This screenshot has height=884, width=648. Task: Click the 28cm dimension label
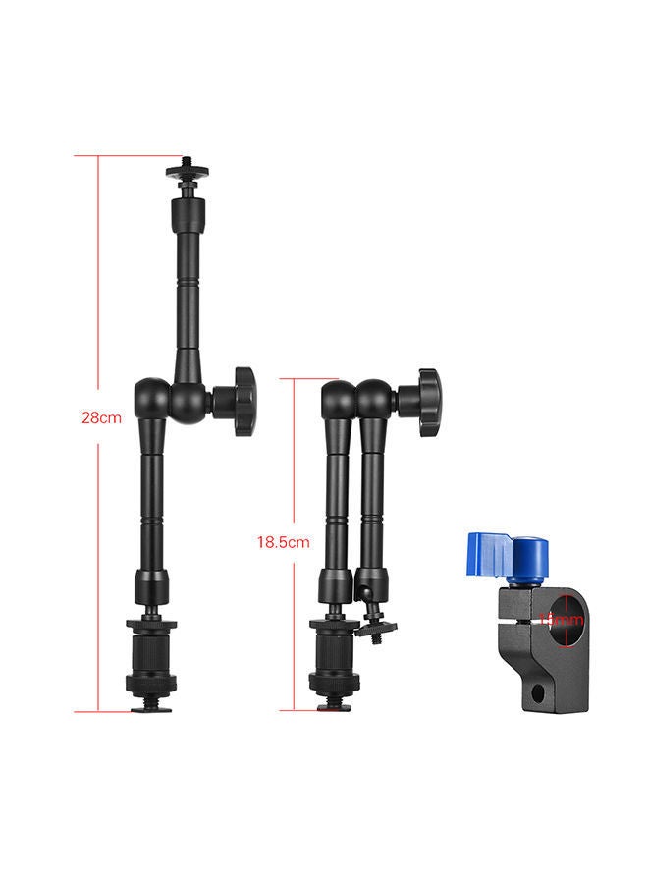[101, 417]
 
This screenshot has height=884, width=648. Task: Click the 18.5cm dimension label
[283, 541]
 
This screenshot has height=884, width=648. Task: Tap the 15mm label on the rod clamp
[562, 621]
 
